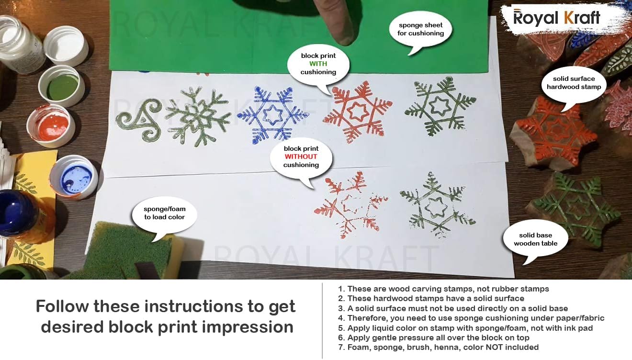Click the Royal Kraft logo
[x=557, y=18]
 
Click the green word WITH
[x=318, y=64]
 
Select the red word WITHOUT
[x=301, y=157]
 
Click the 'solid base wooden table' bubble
[x=535, y=239]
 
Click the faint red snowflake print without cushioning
[x=350, y=204]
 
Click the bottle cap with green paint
[x=61, y=86]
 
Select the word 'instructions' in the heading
[x=193, y=306]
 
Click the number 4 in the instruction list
[x=341, y=318]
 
